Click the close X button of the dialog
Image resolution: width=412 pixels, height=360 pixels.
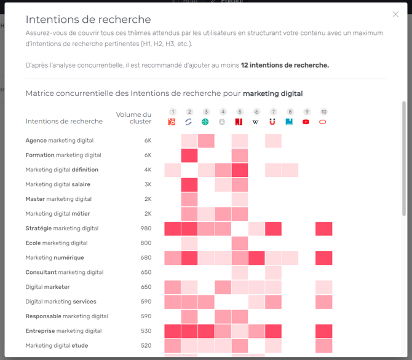click(x=395, y=15)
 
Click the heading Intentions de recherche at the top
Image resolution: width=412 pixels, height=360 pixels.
click(x=88, y=20)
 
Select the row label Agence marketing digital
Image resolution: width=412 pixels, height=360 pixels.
click(x=59, y=141)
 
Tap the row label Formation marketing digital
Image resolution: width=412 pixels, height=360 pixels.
click(x=63, y=155)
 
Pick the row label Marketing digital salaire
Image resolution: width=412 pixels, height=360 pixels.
click(x=58, y=184)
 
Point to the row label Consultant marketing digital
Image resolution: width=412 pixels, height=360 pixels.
click(x=65, y=272)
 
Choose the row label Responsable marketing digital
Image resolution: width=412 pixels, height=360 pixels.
click(x=66, y=316)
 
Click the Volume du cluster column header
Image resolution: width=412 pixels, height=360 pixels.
click(x=133, y=117)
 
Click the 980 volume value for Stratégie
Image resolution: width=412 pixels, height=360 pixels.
click(x=146, y=229)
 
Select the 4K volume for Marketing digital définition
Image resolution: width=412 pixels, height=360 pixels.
click(x=148, y=170)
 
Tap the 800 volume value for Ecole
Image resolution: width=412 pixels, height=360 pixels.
click(x=146, y=243)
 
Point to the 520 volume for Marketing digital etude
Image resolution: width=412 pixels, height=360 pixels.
click(x=146, y=346)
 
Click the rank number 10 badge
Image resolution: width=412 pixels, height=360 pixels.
click(x=323, y=112)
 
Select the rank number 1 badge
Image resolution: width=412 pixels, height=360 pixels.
click(x=173, y=112)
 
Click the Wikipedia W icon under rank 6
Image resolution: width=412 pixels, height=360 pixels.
click(x=256, y=122)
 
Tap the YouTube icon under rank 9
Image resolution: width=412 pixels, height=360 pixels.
click(x=306, y=122)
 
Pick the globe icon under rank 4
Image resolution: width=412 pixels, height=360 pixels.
click(x=223, y=122)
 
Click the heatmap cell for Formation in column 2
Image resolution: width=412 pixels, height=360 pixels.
click(x=189, y=155)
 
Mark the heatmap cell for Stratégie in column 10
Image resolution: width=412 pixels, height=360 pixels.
click(x=323, y=229)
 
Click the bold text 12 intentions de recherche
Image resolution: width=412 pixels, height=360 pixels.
click(x=285, y=65)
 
